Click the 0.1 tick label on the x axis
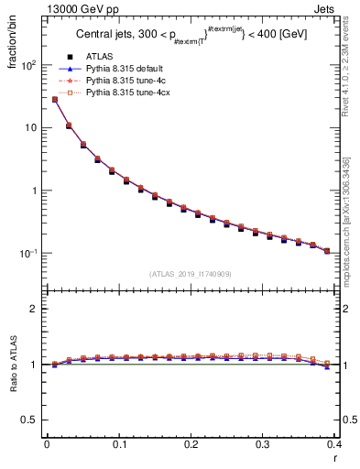click(x=119, y=445)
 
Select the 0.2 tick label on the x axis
click(x=191, y=445)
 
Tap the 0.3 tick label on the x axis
click(x=263, y=445)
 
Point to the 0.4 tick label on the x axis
click(x=334, y=445)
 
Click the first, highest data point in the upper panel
click(x=55, y=100)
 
